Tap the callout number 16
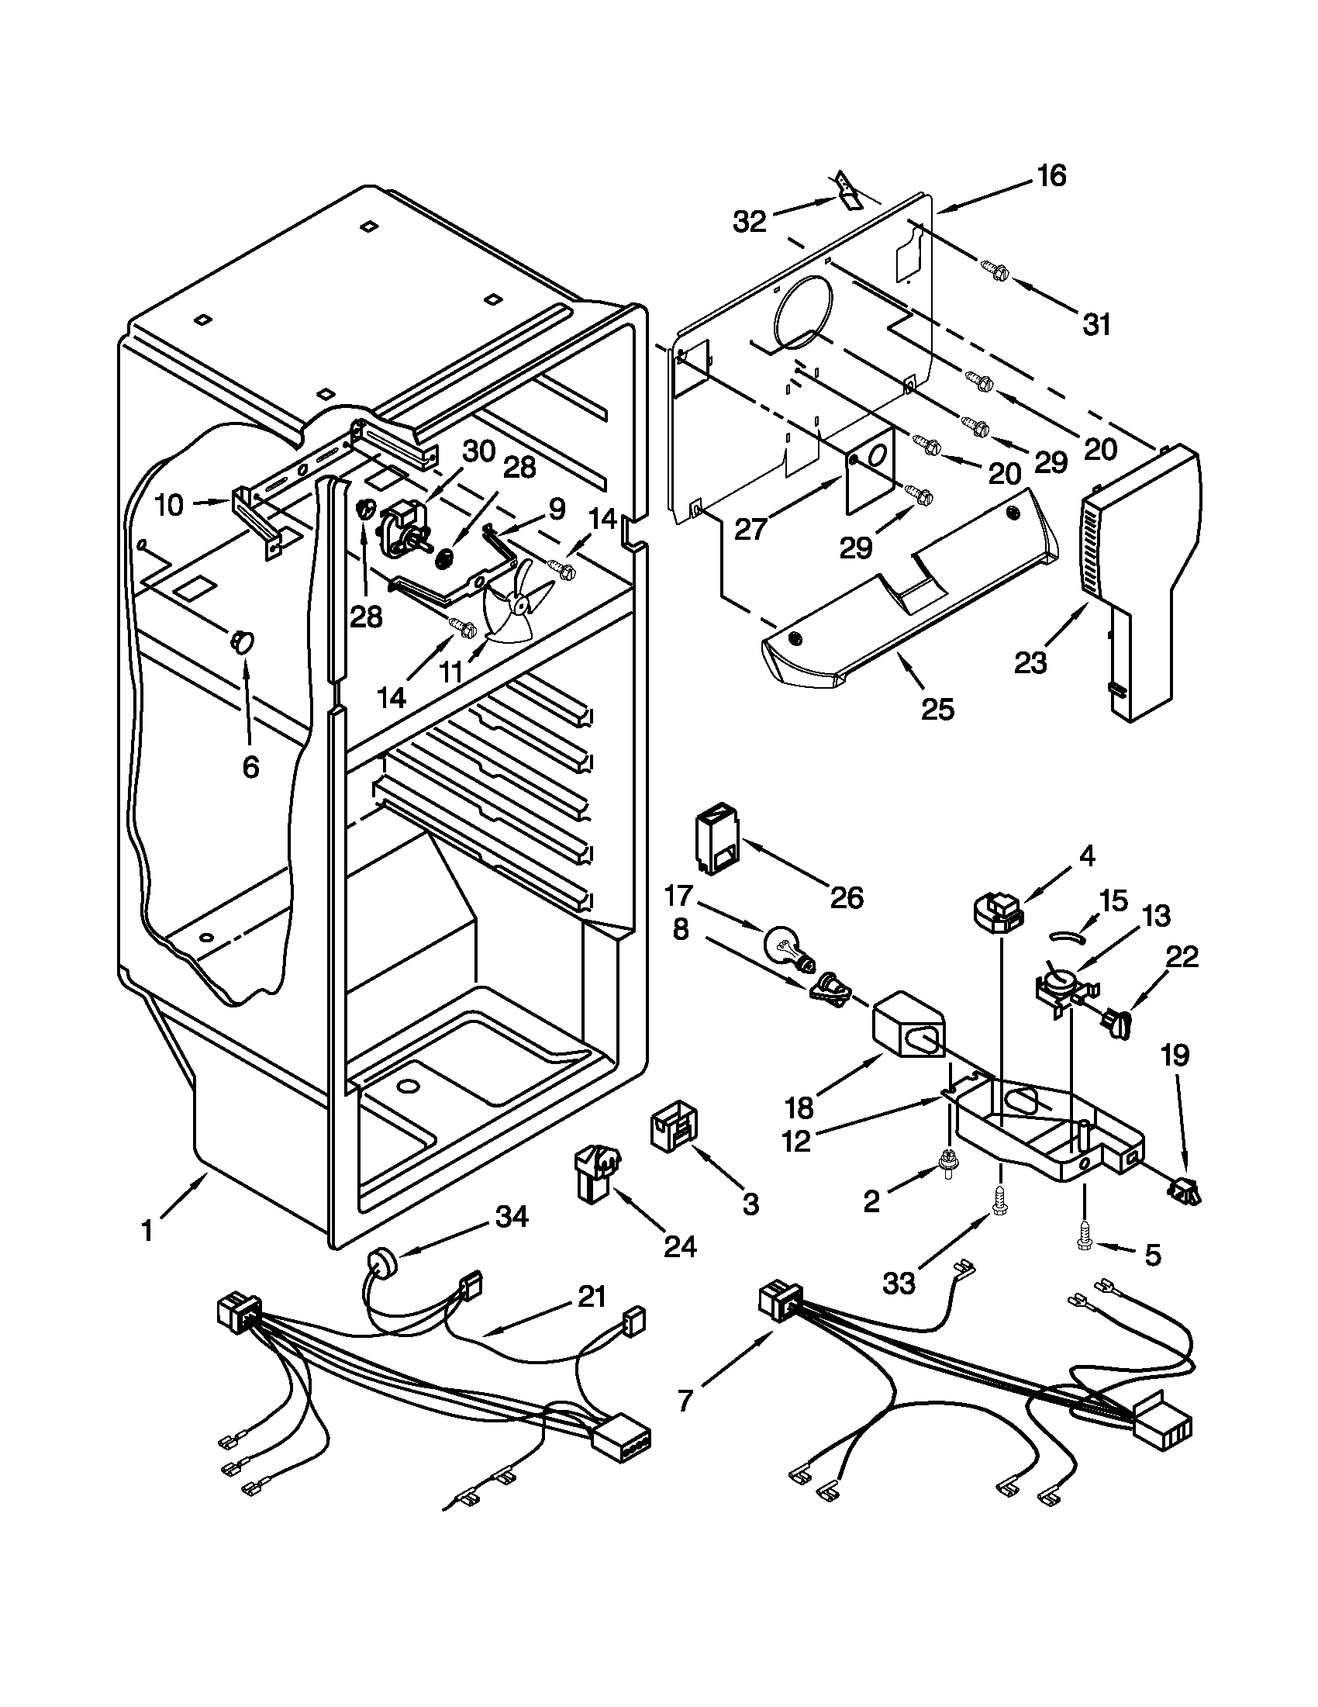click(x=1051, y=176)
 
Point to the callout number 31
click(x=1097, y=323)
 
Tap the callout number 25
click(x=937, y=709)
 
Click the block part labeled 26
click(x=716, y=840)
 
